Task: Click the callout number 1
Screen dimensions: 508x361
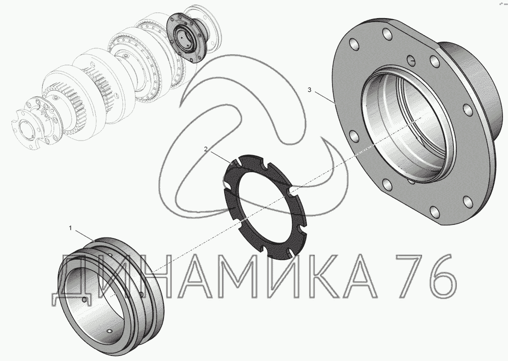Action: [70, 228]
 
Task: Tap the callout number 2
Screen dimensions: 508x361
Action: [206, 149]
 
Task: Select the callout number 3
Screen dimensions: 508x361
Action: [309, 89]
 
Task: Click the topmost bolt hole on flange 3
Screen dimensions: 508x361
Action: [386, 33]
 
